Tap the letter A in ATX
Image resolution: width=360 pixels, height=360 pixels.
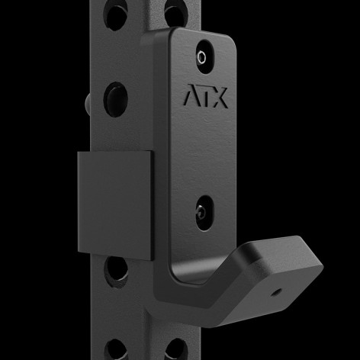189,99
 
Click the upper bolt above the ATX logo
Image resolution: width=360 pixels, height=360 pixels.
202,56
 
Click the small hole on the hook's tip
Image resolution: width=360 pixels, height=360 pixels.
275,291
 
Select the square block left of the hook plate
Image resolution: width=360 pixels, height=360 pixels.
114,202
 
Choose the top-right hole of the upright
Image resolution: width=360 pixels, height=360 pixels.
174,13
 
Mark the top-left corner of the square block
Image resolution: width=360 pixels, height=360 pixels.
78,153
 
